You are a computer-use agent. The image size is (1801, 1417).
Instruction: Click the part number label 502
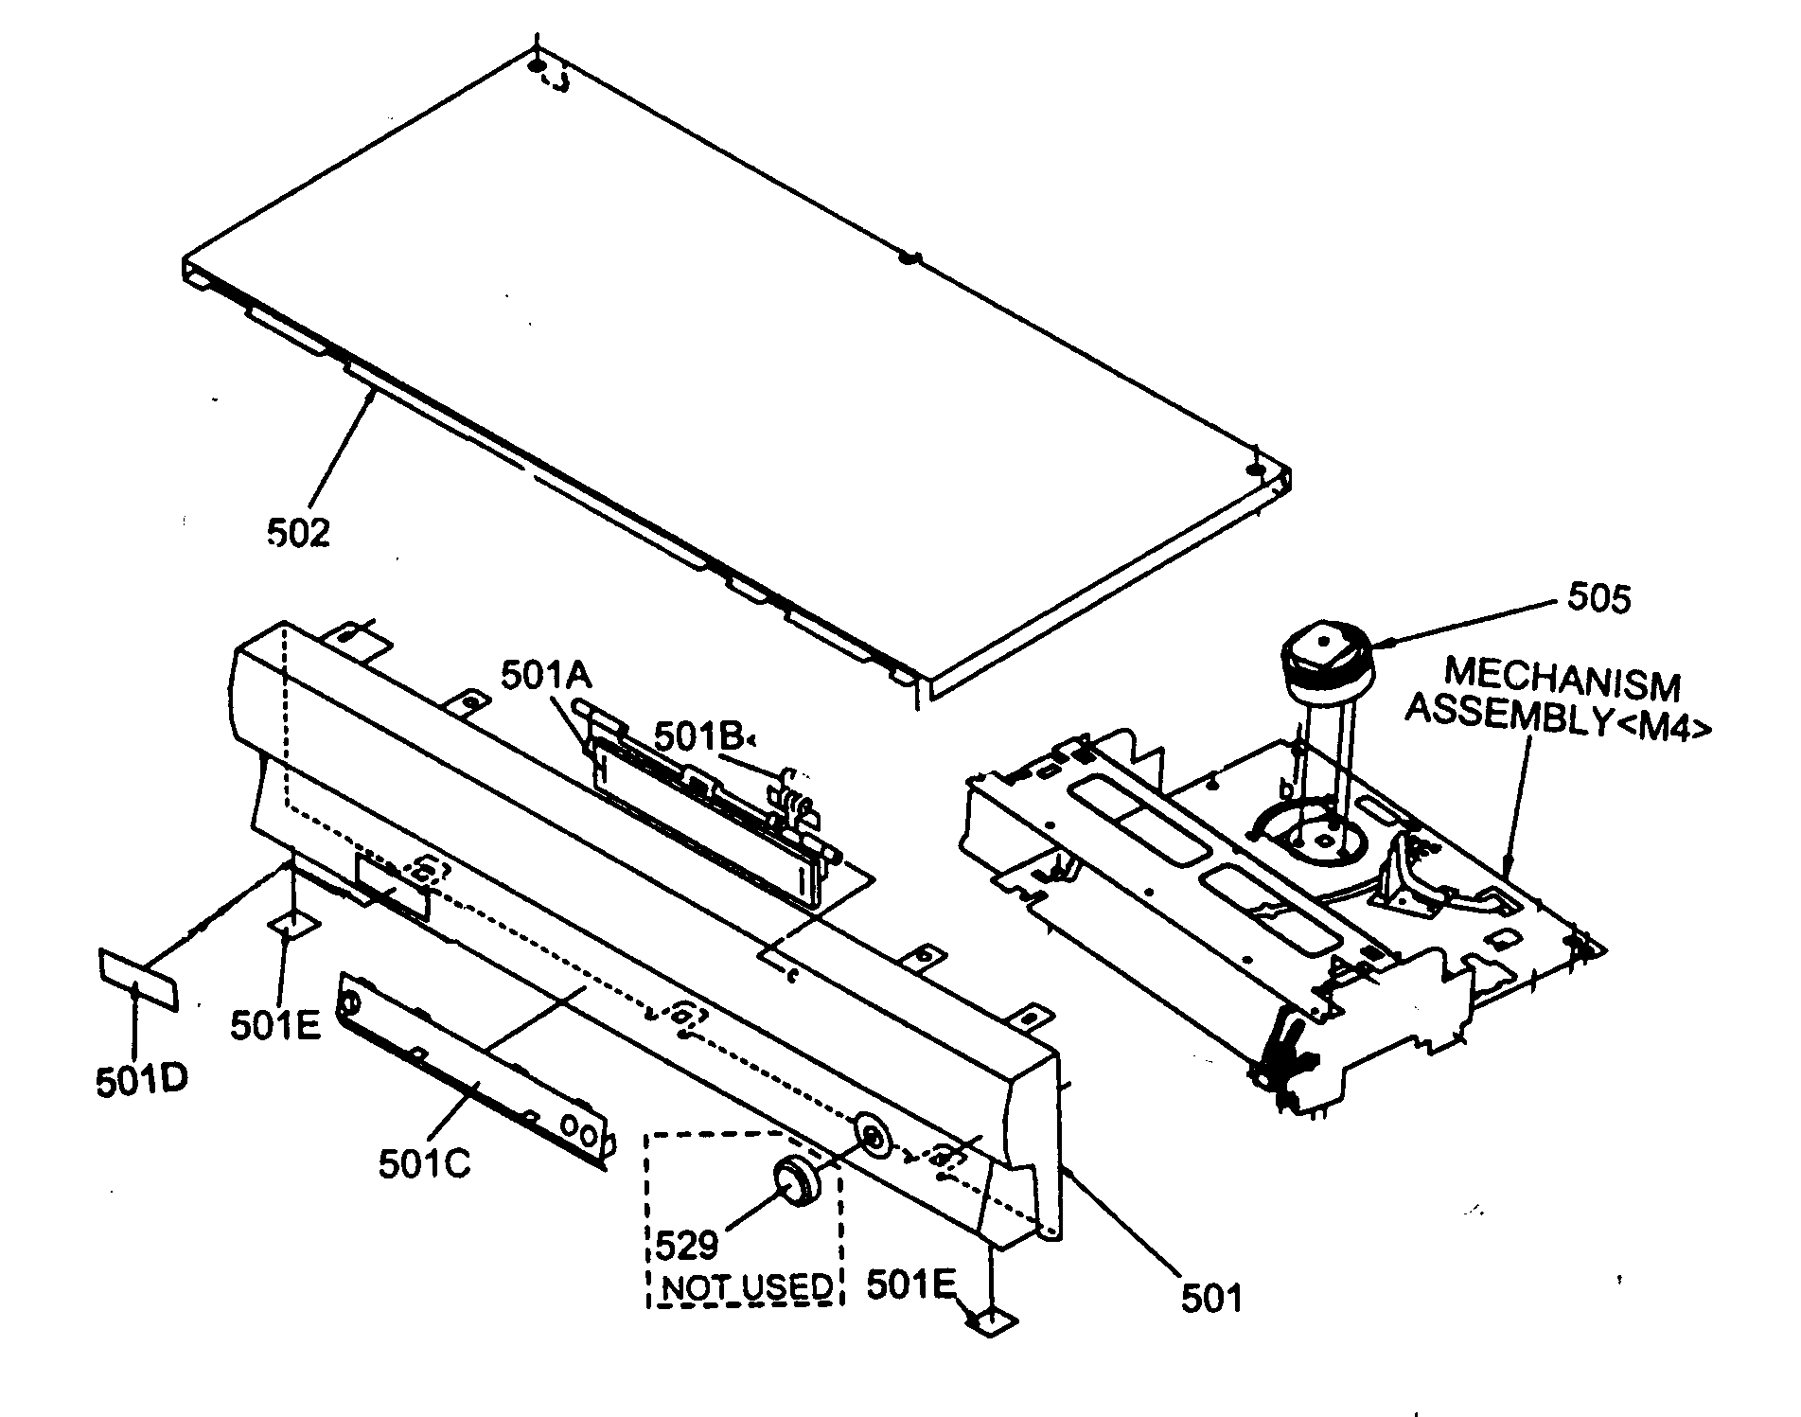tap(298, 533)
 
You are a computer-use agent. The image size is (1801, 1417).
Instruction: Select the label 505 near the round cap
tap(1598, 598)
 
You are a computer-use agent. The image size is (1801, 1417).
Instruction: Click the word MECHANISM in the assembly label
tap(1562, 679)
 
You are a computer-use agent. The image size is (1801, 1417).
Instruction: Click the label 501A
tap(546, 676)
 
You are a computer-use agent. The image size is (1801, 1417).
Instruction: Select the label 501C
tap(424, 1164)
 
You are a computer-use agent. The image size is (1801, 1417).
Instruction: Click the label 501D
tap(140, 1079)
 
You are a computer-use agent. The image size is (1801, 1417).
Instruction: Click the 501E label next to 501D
tap(275, 1024)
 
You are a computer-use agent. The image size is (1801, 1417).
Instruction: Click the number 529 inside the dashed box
tap(687, 1246)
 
